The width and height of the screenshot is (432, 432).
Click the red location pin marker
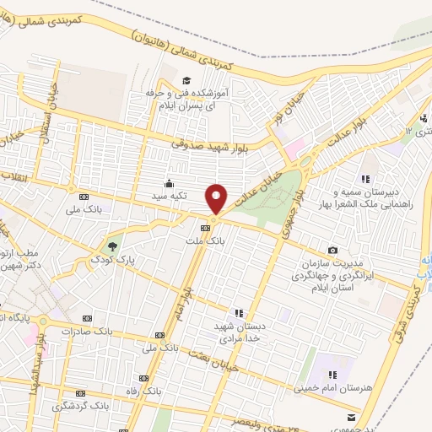217,199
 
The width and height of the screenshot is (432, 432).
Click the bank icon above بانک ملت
206,228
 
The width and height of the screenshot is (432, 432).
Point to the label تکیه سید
172,195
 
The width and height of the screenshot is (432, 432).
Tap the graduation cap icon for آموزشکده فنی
162,81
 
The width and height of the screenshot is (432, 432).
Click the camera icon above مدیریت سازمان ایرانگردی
333,251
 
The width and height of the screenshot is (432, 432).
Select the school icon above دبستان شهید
240,313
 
